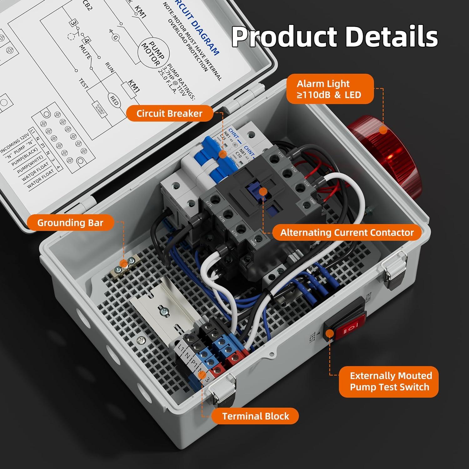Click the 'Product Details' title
click(x=334, y=36)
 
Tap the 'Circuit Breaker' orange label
click(x=169, y=113)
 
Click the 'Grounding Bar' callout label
click(x=70, y=223)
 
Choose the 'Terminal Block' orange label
click(x=255, y=416)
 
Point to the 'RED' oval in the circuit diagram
click(x=114, y=101)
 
